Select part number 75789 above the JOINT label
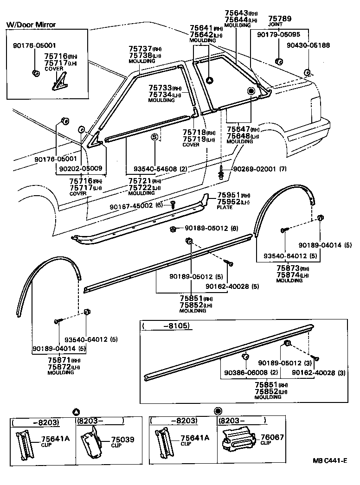point(281,19)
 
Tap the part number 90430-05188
point(308,45)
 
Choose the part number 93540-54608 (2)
point(160,169)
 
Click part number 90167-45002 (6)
point(137,206)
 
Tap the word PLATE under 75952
point(225,207)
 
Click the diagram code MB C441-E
point(329,460)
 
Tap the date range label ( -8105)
point(166,326)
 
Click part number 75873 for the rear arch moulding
point(287,268)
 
